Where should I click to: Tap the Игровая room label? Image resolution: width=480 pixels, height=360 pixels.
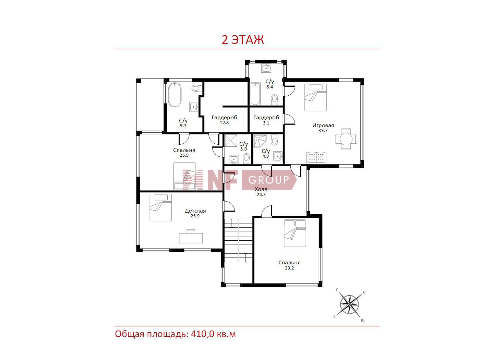(x=323, y=125)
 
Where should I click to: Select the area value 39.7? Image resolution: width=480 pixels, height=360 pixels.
(x=323, y=131)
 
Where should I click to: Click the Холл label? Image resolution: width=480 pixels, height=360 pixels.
(x=261, y=189)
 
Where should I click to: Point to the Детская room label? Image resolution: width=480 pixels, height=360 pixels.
(x=195, y=211)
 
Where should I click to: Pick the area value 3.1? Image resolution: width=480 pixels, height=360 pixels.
(x=266, y=123)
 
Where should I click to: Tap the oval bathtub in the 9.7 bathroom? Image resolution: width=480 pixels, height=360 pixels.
(x=175, y=95)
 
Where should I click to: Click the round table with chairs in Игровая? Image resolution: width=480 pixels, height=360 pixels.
(x=346, y=139)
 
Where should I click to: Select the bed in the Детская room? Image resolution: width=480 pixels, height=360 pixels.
(x=161, y=207)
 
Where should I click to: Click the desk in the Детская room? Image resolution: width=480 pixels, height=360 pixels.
(x=191, y=236)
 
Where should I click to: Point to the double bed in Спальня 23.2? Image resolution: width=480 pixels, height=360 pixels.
(x=295, y=233)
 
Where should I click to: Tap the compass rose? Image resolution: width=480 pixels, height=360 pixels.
(x=349, y=304)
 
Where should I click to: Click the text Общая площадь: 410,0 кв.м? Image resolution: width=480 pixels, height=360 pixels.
(x=176, y=334)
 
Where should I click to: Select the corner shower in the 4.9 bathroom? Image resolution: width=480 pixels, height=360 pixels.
(x=260, y=141)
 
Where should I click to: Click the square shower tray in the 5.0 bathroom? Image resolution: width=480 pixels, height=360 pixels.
(x=231, y=141)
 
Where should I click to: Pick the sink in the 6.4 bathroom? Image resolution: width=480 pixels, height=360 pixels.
(x=266, y=68)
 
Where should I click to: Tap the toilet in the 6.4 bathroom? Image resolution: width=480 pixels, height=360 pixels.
(x=274, y=100)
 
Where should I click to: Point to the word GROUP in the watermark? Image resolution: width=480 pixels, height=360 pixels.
(x=268, y=180)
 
